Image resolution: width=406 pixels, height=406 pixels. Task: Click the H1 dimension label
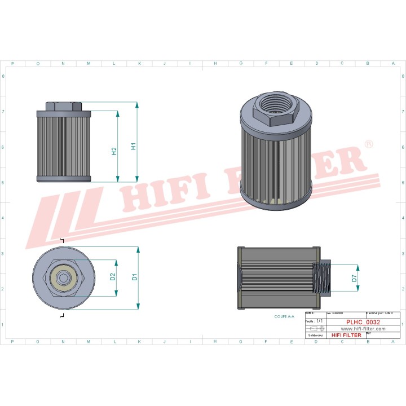click(134, 146)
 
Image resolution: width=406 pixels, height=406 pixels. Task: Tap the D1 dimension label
click(134, 277)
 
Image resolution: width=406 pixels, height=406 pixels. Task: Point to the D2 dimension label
click(113, 276)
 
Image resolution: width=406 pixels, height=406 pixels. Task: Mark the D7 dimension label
click(354, 277)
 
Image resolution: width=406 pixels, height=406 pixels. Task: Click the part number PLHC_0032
click(363, 323)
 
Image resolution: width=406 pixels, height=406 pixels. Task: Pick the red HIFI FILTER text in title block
click(346, 335)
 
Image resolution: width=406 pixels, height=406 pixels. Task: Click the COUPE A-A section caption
click(285, 317)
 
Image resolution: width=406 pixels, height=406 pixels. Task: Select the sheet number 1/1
click(320, 320)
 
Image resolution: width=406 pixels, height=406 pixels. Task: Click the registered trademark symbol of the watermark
click(369, 145)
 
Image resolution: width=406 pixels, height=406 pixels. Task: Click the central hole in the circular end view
click(61, 277)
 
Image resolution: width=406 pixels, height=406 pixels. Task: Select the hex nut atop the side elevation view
click(63, 107)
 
